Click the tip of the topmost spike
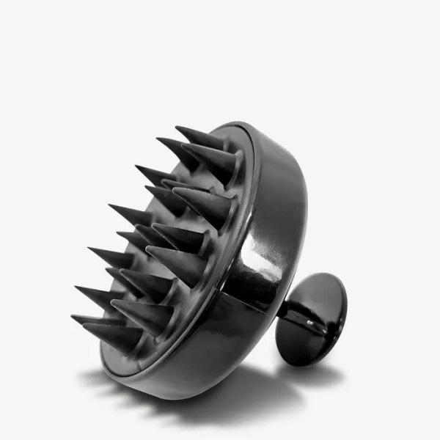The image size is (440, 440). (177, 128)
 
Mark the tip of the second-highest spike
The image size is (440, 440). (158, 139)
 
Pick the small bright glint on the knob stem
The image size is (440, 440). (309, 321)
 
